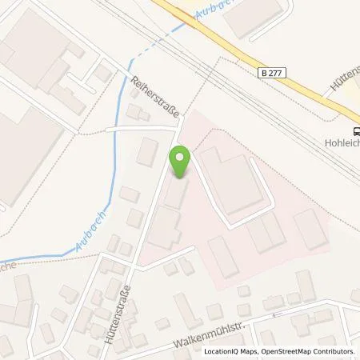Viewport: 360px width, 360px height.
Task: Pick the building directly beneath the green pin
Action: click(176, 193)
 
